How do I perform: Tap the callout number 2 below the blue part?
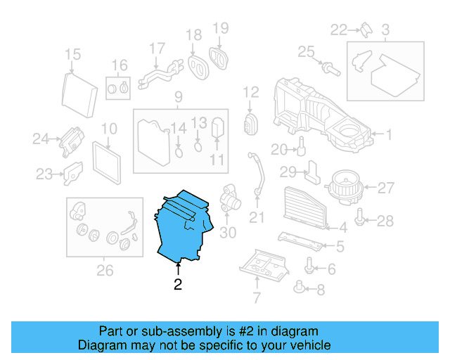coord(178,285)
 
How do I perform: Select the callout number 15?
coord(73,55)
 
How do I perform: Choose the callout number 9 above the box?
coord(178,96)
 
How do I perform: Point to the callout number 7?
coord(256,298)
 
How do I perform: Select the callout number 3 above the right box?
coord(385,30)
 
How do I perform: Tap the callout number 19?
coord(221,28)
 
